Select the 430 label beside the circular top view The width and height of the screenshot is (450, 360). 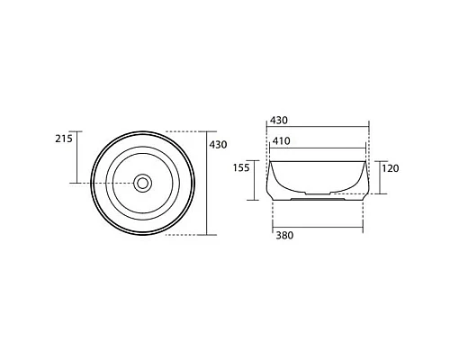pos(217,144)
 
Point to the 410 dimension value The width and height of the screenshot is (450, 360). pos(281,140)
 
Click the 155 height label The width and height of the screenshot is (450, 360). pos(242,168)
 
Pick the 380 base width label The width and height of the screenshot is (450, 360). pos(283,236)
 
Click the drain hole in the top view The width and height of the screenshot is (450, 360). pos(142,183)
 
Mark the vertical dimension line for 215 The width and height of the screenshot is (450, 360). pos(76,157)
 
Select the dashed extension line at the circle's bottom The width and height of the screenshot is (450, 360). pos(185,235)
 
